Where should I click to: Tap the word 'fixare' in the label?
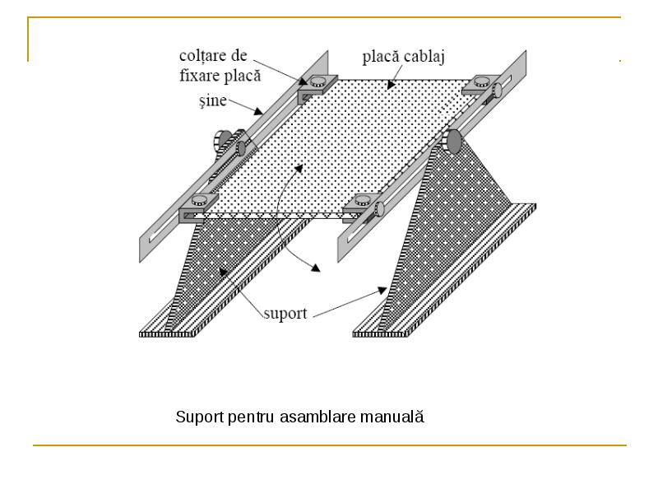click(x=199, y=76)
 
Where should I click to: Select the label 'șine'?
click(x=213, y=100)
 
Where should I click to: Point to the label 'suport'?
click(x=285, y=314)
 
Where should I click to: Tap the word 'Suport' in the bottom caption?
click(x=200, y=417)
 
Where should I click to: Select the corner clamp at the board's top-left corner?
click(x=317, y=87)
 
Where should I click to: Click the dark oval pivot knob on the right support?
click(x=454, y=141)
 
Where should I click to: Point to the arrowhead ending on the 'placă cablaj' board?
click(x=392, y=85)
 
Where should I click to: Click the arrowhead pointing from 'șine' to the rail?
click(x=257, y=111)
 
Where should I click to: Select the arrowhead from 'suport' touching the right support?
click(x=382, y=290)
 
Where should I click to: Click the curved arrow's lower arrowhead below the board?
click(x=315, y=267)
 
